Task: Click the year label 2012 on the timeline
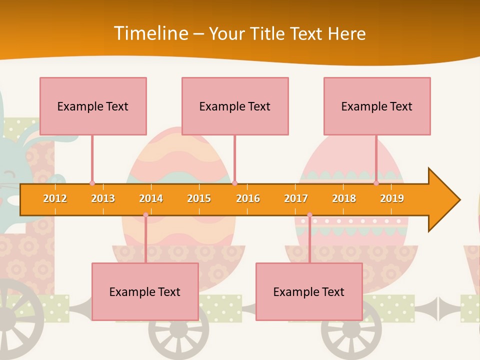tap(55, 198)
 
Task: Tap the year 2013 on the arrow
tap(103, 198)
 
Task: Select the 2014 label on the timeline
tap(151, 198)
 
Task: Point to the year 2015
tap(199, 198)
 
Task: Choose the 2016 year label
tap(248, 198)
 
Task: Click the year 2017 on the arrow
tap(296, 198)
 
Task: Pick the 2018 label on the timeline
tap(344, 198)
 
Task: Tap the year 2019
tap(392, 198)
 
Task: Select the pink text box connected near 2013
tap(93, 106)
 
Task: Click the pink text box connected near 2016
tap(235, 106)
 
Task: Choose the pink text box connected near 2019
tap(377, 106)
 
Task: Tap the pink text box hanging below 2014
tap(145, 291)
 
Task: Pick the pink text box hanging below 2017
tap(309, 291)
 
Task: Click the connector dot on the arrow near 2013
tap(92, 183)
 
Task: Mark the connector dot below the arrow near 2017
tap(309, 215)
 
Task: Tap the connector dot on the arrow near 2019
tap(376, 183)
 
